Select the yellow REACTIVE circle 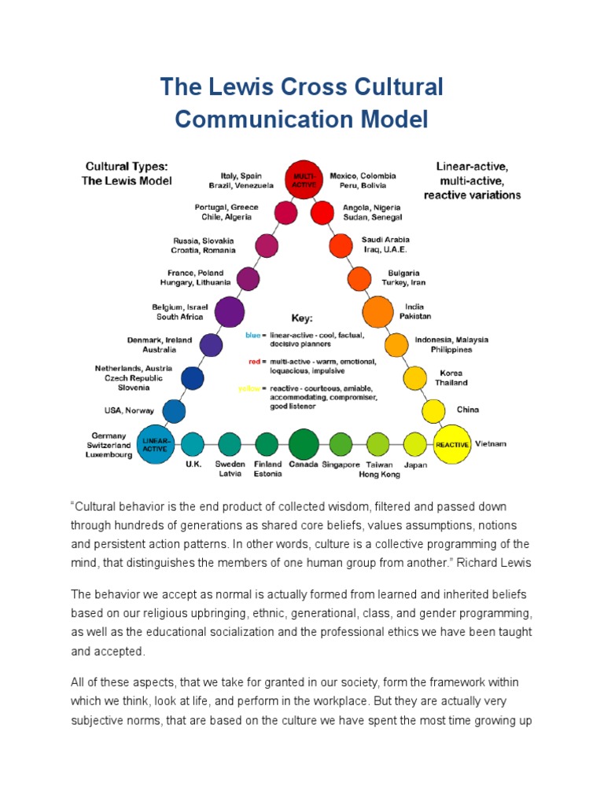451,444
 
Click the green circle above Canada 304,444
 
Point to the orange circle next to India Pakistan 377,311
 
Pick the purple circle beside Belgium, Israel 230,311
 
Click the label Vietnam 491,444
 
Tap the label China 467,410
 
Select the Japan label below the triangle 415,465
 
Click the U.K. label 193,465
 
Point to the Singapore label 341,465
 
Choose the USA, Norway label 129,410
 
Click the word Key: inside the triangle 302,319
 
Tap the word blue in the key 252,335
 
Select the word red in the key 252,362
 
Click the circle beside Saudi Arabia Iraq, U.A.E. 341,245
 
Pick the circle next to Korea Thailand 414,378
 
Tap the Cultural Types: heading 126,167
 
